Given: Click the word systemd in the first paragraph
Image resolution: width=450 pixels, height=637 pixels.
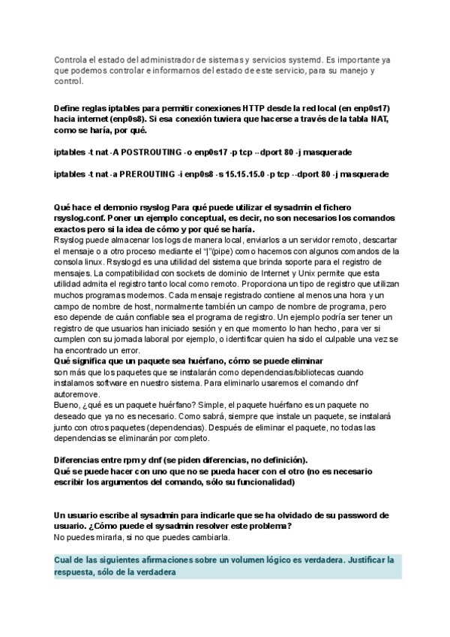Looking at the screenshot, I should [292, 59].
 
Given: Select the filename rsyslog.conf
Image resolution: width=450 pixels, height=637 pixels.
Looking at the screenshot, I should [78, 218].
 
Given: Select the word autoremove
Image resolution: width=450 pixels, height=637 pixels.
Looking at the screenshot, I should [75, 394].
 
